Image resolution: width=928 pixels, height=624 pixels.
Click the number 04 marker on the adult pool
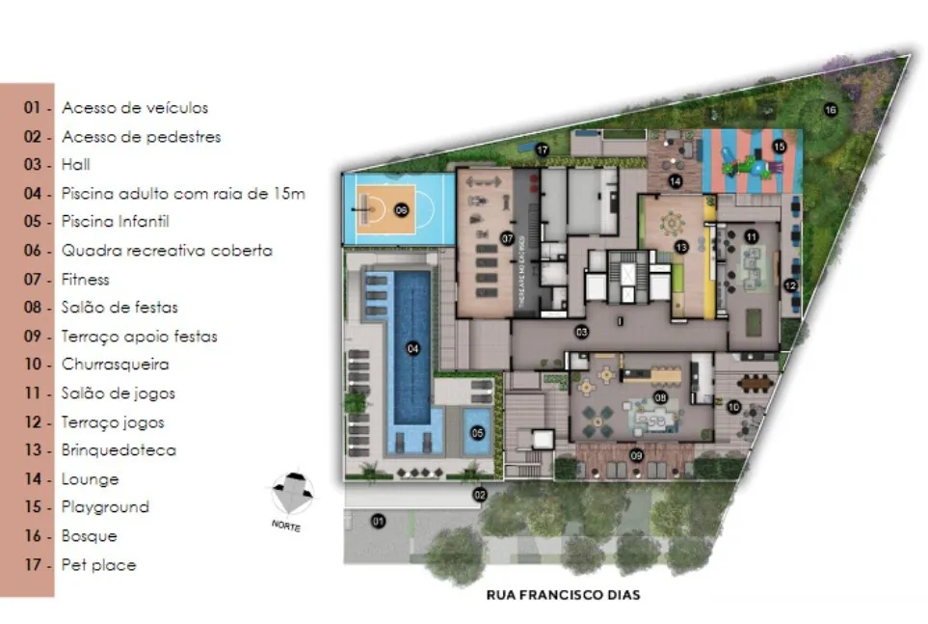click(412, 349)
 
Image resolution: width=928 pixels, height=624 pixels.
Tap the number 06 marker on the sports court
click(401, 209)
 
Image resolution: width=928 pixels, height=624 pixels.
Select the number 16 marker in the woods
click(830, 110)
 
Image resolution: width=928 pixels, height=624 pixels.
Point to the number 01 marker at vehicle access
click(378, 522)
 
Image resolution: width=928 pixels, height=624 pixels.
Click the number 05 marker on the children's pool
click(477, 433)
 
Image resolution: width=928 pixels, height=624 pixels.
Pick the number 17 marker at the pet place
click(543, 149)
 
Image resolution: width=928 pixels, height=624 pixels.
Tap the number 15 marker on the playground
click(779, 147)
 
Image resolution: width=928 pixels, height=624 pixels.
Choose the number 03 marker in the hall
click(581, 333)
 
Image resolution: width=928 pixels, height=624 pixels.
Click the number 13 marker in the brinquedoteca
click(681, 248)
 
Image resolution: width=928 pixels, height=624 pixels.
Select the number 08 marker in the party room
click(661, 396)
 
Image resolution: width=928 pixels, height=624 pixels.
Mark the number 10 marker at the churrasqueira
click(734, 407)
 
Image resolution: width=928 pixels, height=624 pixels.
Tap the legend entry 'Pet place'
click(98, 564)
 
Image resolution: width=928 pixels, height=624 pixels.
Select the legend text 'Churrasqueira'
click(115, 365)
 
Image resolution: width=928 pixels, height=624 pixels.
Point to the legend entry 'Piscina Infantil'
click(115, 222)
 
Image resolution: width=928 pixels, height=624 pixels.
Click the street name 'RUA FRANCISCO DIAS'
click(563, 595)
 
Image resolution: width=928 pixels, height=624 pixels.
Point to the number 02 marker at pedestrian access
click(479, 495)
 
